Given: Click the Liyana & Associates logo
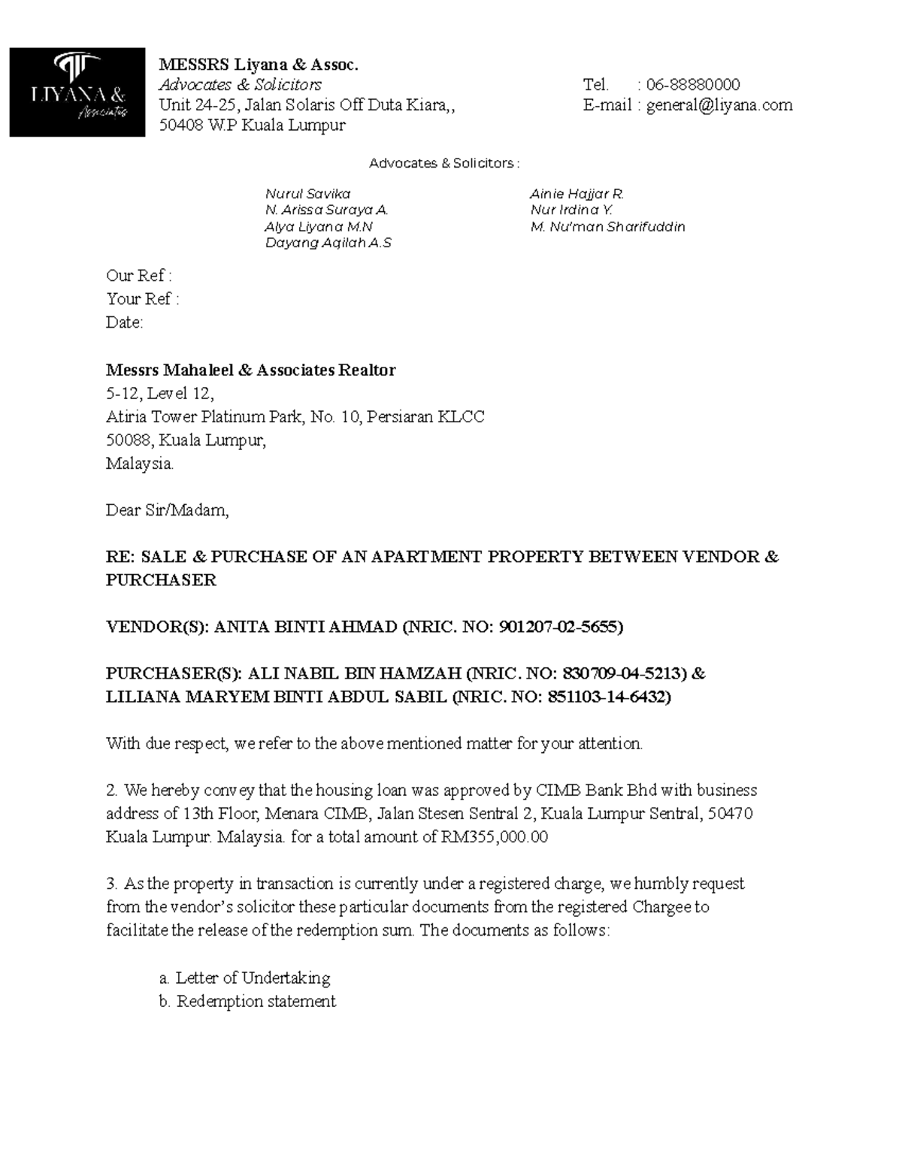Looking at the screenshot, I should [77, 92].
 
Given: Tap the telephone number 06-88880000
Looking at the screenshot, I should [693, 84].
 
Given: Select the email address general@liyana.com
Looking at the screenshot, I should [719, 105].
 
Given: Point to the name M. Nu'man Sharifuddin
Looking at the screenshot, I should [607, 227].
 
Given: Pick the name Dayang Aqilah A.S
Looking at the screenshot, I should [328, 243].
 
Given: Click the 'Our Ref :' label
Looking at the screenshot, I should [139, 276].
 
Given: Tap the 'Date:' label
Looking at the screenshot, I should [124, 322].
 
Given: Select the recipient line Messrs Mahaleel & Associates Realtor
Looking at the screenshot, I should [250, 370].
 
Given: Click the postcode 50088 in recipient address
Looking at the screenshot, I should [126, 440].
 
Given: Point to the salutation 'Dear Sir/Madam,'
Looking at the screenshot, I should [167, 510].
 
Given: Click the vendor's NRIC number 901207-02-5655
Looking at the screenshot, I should [558, 627].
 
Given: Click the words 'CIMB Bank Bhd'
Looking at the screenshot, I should [596, 790].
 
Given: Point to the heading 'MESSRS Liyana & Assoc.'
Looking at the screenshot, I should [259, 65].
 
